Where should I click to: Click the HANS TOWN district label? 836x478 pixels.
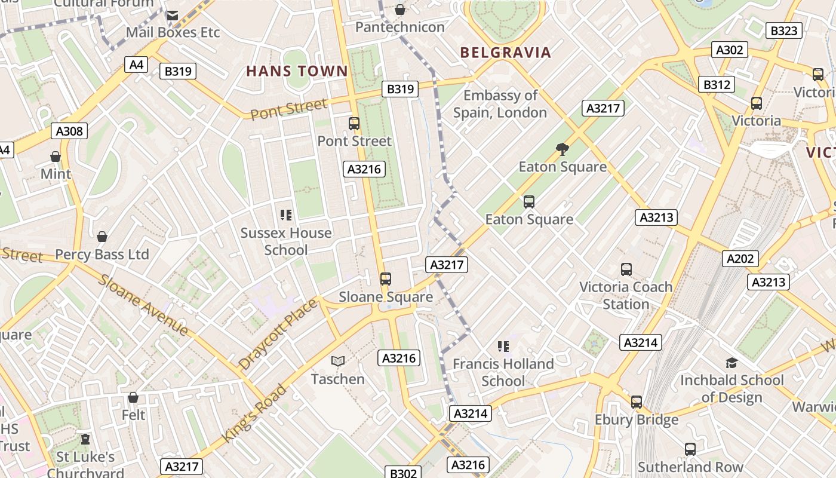coord(297,71)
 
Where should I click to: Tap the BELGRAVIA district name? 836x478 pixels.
coord(505,53)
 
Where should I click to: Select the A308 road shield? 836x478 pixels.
coord(69,131)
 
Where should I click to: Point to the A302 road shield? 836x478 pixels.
coord(729,50)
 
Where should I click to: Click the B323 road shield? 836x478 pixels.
coord(783,30)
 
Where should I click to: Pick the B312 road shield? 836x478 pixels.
coord(716,84)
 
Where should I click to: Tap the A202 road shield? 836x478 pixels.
coord(740,258)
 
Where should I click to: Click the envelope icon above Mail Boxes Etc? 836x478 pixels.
coord(173,15)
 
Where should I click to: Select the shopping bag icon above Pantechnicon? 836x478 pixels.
coord(400,10)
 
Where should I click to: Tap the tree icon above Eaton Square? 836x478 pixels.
coord(562,149)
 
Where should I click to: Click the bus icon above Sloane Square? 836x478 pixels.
coord(386,278)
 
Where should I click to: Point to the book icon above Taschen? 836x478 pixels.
coord(338,361)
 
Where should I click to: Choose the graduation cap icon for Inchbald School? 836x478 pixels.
coord(732,363)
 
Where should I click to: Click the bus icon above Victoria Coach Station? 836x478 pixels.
coord(626,269)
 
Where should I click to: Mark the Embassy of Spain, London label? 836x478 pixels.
coord(500,104)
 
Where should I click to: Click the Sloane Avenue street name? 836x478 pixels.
coord(143,305)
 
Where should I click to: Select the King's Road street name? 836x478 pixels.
coord(254,413)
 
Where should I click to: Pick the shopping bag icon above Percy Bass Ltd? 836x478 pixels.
coord(102,237)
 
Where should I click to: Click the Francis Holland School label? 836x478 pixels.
coord(503,372)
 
